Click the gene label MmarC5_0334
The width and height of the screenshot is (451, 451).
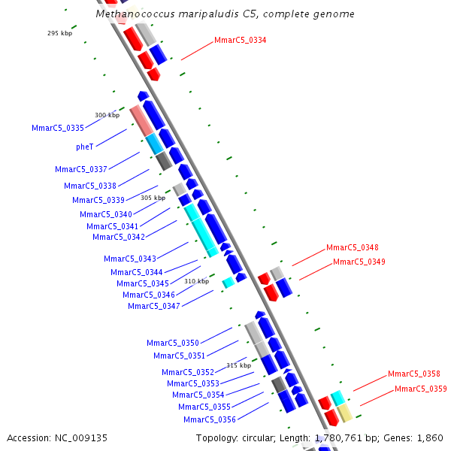point(240,40)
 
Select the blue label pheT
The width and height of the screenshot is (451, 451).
point(84,147)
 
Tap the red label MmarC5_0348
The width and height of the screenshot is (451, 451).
point(352,247)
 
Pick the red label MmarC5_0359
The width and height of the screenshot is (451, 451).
point(420,389)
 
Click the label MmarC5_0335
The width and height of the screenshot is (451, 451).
point(58,128)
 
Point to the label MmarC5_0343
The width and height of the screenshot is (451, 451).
point(130,259)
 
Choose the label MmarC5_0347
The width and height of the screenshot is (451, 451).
point(153,306)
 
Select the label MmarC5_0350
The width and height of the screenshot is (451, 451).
point(172,343)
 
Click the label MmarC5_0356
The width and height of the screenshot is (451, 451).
point(209,419)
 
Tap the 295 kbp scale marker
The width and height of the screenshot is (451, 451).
point(59,33)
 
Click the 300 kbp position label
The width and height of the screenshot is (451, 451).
point(107,115)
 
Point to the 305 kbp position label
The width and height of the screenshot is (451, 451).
point(153,198)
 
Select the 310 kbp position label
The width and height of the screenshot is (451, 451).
point(196,281)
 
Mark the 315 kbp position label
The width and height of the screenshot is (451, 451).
point(238,365)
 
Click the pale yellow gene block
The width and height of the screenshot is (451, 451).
point(344,413)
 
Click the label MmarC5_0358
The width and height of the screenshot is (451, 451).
point(413,374)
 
